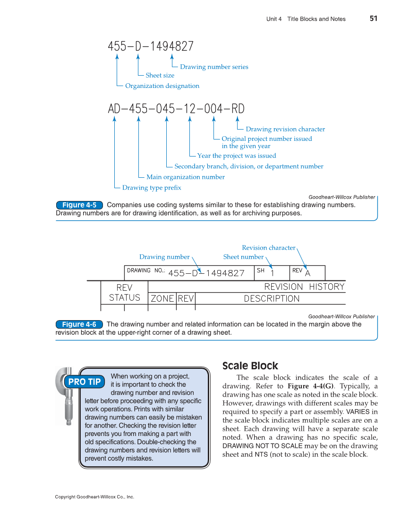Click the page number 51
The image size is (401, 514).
click(x=373, y=18)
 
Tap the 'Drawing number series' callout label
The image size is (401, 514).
click(x=214, y=67)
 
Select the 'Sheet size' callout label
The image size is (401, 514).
click(x=160, y=76)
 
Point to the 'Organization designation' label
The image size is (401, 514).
click(x=162, y=86)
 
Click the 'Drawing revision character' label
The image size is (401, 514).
click(x=285, y=130)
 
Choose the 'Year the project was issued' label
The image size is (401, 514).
click(x=237, y=156)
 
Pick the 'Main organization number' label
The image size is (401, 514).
click(x=186, y=177)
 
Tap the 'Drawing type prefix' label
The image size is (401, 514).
click(x=152, y=188)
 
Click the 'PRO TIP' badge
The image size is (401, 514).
click(x=85, y=382)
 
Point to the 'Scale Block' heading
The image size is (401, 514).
click(x=250, y=366)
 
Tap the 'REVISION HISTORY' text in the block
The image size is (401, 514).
click(x=304, y=287)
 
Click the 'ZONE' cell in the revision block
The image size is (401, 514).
click(x=162, y=299)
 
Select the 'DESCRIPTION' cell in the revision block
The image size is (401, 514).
click(x=272, y=299)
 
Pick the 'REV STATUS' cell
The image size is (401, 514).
click(x=125, y=293)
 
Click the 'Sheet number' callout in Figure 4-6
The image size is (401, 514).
click(x=243, y=257)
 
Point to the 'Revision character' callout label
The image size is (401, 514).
click(x=268, y=248)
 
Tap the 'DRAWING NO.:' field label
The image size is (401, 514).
click(x=146, y=271)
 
